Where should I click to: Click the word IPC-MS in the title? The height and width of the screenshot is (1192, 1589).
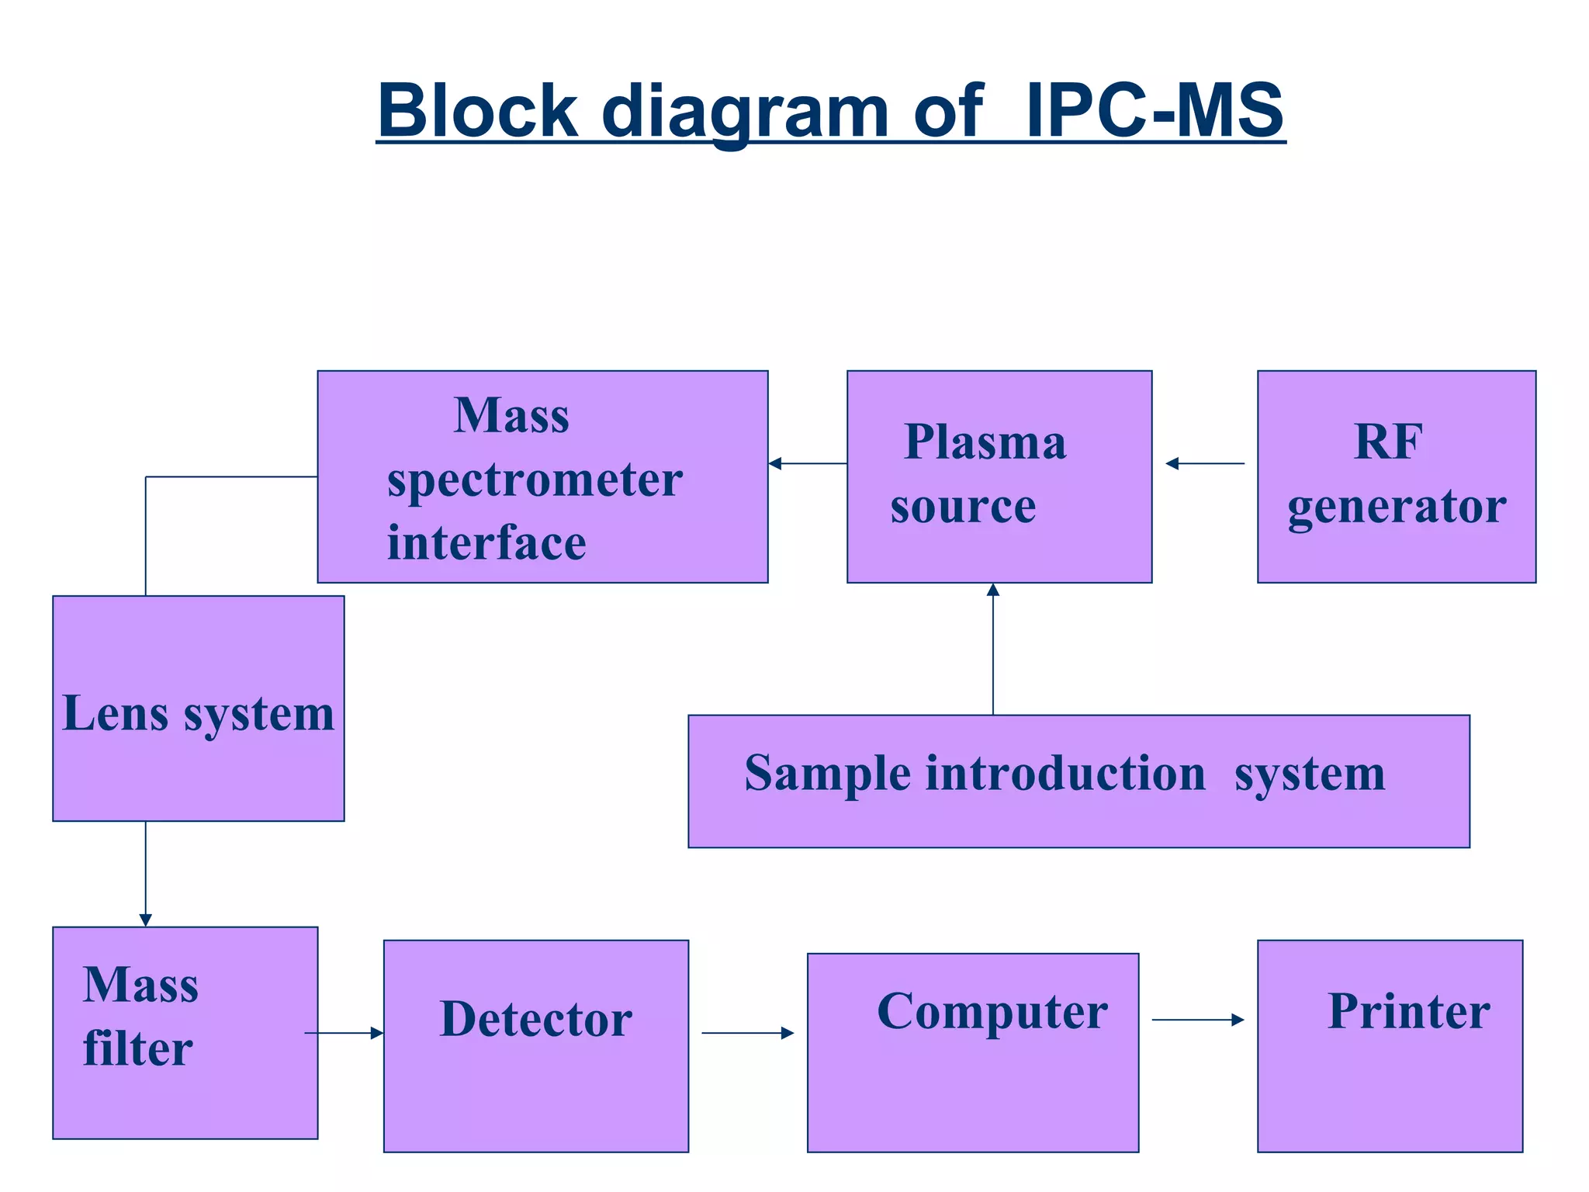tap(1155, 111)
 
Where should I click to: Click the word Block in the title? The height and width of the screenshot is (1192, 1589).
tap(478, 111)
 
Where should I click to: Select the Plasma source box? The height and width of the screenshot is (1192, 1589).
tap(999, 476)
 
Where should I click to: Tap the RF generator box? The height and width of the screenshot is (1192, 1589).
tap(1396, 476)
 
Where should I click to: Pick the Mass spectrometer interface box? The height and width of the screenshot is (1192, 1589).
tap(542, 476)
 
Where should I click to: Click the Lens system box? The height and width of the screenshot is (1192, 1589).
tap(198, 708)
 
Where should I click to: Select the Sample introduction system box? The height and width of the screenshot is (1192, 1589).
tap(1078, 781)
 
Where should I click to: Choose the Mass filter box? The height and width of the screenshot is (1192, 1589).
tap(185, 1032)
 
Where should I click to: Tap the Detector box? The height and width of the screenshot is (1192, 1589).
tap(535, 1045)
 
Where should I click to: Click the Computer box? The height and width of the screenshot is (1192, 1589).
tap(972, 1052)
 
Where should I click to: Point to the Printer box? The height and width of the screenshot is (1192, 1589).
tap(1390, 1045)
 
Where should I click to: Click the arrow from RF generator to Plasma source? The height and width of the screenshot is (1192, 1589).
tap(1205, 463)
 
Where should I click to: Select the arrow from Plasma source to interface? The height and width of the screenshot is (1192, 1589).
tap(807, 463)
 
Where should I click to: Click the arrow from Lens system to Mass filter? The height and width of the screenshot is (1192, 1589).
tap(145, 873)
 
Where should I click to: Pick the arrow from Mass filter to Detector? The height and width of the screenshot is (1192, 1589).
tap(344, 1033)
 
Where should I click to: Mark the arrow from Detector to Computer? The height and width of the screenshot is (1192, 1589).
tap(747, 1033)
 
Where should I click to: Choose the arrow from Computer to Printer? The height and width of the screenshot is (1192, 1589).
tap(1198, 1020)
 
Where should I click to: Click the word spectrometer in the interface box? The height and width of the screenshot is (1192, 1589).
tap(535, 480)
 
